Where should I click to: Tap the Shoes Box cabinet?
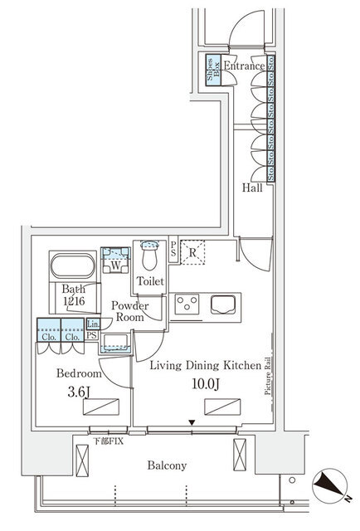212,67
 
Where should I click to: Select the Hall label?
252,188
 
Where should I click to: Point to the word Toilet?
150,282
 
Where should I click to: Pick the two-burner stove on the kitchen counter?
188,304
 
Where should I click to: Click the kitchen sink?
224,304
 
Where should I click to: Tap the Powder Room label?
131,311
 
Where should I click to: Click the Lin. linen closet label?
93,324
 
